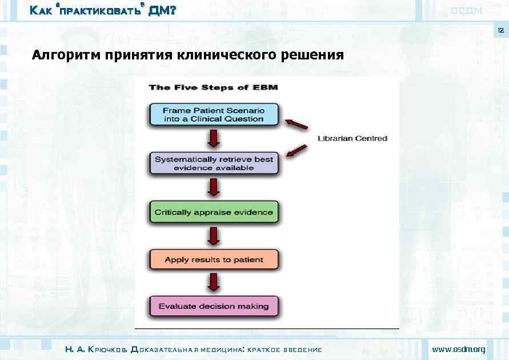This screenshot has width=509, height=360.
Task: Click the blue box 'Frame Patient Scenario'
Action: coord(213,114)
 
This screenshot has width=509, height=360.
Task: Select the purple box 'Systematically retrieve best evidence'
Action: coord(214,163)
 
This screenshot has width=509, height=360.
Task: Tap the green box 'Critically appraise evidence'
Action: coord(214,212)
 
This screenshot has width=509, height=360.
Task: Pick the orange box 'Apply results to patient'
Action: coord(214,259)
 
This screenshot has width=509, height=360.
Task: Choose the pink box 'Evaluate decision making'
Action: coord(214,306)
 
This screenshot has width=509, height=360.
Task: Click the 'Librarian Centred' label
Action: coord(352,138)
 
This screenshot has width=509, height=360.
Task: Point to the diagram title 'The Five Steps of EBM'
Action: coord(213,87)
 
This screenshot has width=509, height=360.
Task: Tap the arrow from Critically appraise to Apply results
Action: coord(214,235)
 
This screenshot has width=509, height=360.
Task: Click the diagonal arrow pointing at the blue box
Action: coord(296,124)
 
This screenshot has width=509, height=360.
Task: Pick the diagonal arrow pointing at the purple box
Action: coord(296,151)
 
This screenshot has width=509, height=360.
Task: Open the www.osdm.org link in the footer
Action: coord(458,349)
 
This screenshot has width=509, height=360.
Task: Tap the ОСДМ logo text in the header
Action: coord(466,10)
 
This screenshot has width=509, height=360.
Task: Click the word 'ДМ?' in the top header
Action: coord(162,10)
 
